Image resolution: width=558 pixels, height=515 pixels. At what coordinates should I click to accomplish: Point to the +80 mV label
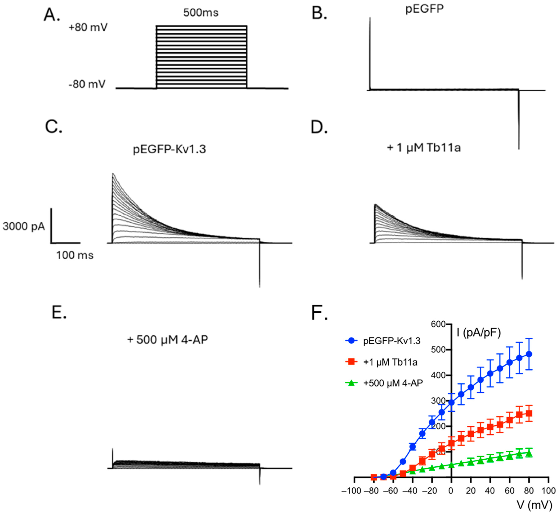pyautogui.click(x=88, y=28)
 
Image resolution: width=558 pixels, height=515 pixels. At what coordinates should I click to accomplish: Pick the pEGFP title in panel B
pyautogui.click(x=424, y=9)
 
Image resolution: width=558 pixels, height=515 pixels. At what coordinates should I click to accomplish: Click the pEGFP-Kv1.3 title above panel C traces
pyautogui.click(x=169, y=149)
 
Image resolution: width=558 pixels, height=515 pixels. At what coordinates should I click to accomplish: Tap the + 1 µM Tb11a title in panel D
pyautogui.click(x=424, y=147)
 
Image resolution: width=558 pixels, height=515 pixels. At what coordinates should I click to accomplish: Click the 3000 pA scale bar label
pyautogui.click(x=24, y=226)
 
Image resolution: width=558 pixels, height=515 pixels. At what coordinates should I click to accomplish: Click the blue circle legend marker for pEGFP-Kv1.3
pyautogui.click(x=351, y=340)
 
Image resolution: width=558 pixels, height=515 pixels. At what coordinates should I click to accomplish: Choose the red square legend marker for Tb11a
pyautogui.click(x=351, y=362)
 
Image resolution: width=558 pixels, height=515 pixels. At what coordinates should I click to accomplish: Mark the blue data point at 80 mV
pyautogui.click(x=529, y=354)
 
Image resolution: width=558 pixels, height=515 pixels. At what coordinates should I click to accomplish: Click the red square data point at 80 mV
pyautogui.click(x=529, y=413)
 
